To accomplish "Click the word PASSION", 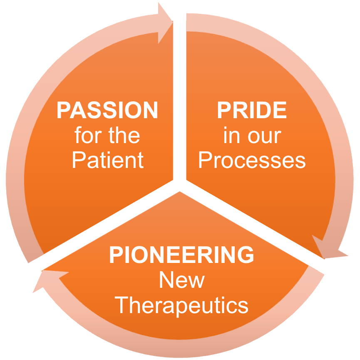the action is [x=107, y=110].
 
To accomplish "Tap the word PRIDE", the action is [x=252, y=110].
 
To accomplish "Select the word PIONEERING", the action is [x=181, y=254].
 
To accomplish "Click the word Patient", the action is [x=108, y=160].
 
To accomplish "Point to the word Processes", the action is [x=252, y=160].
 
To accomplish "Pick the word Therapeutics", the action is [x=181, y=305].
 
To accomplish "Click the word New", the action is [x=182, y=279].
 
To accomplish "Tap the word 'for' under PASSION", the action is [x=88, y=135].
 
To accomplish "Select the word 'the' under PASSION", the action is [x=124, y=135].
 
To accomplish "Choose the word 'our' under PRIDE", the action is [x=265, y=137].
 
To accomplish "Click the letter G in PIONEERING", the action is [x=246, y=254].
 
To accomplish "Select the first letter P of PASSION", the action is [x=64, y=110].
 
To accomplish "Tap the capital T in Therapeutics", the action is [x=122, y=305].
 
